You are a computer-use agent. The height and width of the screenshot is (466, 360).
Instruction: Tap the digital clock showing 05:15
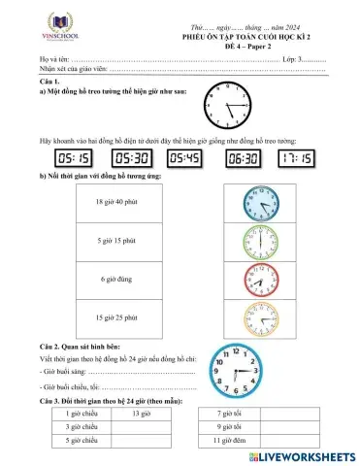click(74, 157)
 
